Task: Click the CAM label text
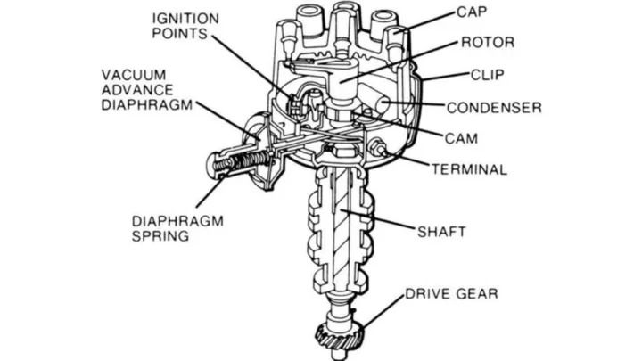tap(461, 138)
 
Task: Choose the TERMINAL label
tap(469, 168)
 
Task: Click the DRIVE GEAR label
tap(451, 292)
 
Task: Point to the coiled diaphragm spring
tap(229, 165)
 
